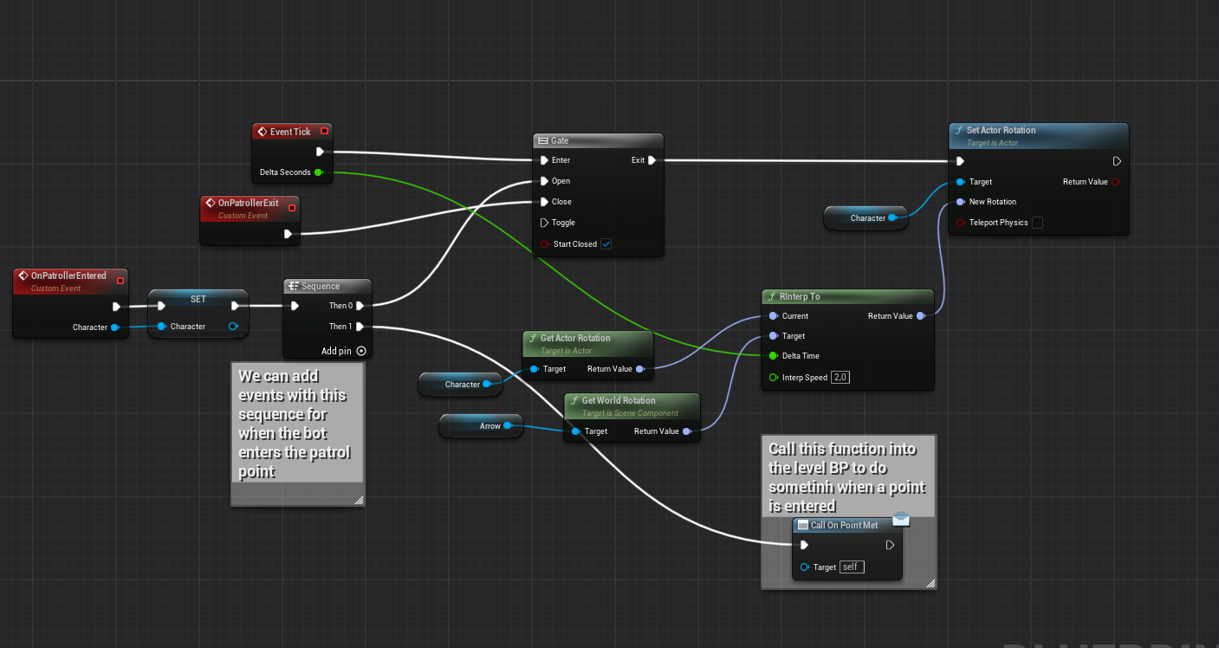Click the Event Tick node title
point(289,132)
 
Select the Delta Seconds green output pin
point(318,172)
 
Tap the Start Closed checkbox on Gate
point(606,244)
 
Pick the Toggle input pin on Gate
point(544,223)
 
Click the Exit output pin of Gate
point(652,160)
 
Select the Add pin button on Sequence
point(361,351)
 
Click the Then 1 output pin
point(360,327)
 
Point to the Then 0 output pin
point(360,306)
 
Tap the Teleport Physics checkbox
point(1037,223)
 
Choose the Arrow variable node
point(482,425)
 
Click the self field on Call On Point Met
point(851,567)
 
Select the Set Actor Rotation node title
point(1001,130)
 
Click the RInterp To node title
point(800,296)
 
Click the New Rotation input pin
point(960,202)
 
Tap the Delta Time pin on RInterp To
point(773,356)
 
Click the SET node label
point(198,299)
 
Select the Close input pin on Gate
point(543,202)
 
